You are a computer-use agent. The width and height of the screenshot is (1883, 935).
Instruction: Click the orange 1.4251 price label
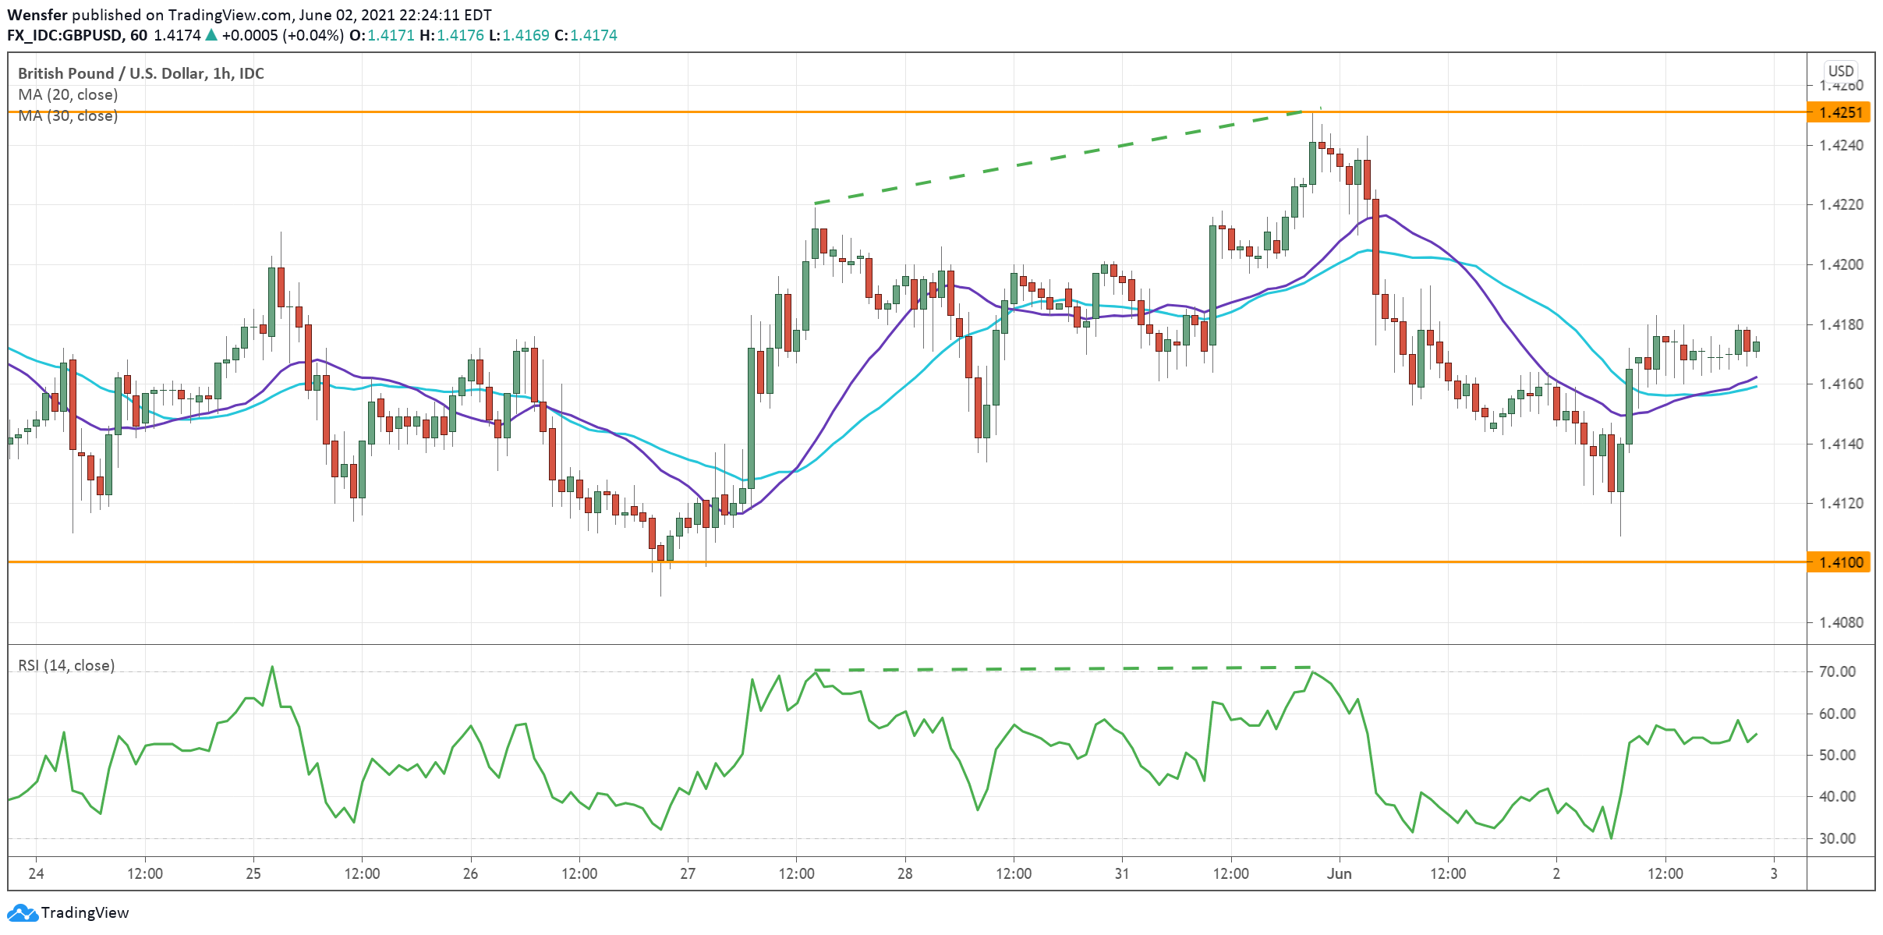[x=1839, y=112]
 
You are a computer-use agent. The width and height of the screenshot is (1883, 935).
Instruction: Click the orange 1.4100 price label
[x=1839, y=562]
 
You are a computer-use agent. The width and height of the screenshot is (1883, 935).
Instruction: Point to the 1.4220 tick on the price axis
[x=1841, y=205]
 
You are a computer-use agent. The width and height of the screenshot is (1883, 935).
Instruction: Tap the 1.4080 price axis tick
[x=1841, y=622]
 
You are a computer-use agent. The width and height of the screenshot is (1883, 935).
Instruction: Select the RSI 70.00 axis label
[x=1836, y=671]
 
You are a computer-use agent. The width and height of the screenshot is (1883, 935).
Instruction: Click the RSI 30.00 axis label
[x=1836, y=838]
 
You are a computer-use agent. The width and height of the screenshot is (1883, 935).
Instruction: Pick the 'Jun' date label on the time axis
[x=1339, y=873]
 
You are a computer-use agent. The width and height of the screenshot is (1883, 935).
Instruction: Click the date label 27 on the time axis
[x=688, y=873]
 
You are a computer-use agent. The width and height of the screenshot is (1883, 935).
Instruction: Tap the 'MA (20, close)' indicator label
[x=68, y=94]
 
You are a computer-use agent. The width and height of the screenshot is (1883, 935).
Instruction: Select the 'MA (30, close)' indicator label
[x=68, y=115]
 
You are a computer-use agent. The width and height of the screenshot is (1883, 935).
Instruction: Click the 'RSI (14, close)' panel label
[x=66, y=665]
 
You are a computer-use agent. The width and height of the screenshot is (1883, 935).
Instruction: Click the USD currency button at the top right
[x=1841, y=71]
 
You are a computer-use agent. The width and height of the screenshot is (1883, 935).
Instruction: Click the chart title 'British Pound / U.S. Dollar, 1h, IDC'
[x=140, y=73]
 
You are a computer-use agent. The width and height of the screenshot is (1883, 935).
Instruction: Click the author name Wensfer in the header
[x=37, y=15]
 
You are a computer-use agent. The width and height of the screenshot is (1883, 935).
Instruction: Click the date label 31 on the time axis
[x=1121, y=873]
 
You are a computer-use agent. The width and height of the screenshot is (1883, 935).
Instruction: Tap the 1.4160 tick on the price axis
[x=1841, y=384]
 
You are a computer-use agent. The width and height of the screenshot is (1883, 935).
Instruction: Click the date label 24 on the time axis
[x=36, y=873]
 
